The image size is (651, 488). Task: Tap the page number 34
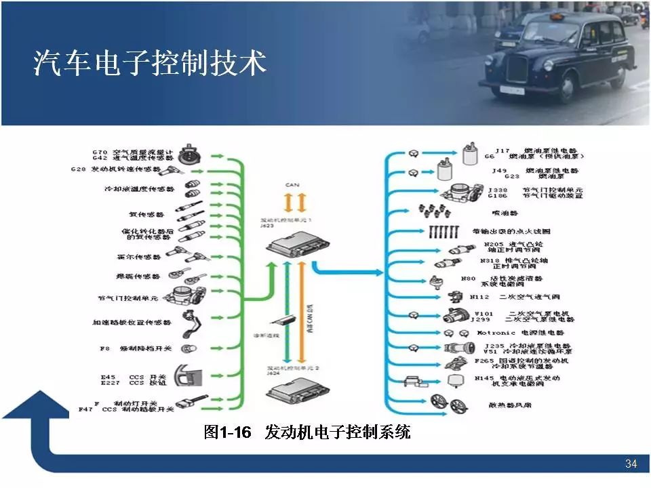(631, 464)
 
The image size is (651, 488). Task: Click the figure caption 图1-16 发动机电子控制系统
(307, 432)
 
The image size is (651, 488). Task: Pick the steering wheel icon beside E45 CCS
(191, 377)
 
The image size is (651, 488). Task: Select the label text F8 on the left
(104, 348)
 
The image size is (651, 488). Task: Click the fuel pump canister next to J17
(469, 153)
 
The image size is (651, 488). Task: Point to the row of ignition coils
(445, 231)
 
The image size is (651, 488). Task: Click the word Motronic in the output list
(496, 333)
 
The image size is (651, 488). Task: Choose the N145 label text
(484, 378)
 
